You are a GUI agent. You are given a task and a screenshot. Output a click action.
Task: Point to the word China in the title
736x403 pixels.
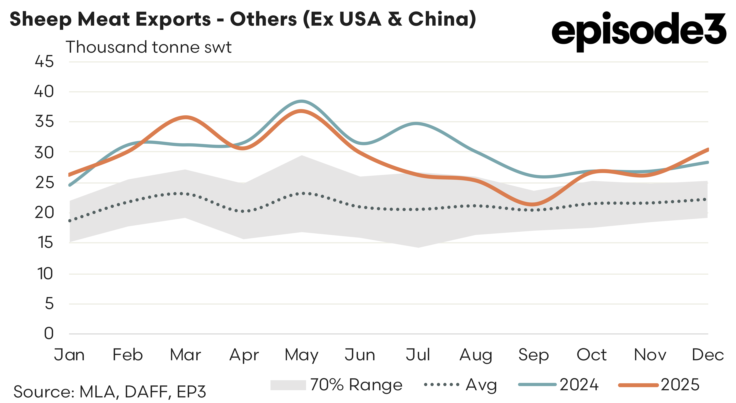tap(439, 19)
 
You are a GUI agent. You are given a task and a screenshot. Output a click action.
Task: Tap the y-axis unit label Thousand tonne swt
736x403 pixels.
tap(149, 47)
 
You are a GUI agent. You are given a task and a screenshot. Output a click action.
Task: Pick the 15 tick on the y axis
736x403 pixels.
tap(45, 243)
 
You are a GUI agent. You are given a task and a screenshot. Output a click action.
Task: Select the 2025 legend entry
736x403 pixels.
tap(680, 385)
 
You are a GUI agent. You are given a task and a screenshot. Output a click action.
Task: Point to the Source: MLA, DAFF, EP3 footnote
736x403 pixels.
tap(110, 392)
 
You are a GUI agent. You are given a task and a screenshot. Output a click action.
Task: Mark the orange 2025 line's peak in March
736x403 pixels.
tap(186, 117)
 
